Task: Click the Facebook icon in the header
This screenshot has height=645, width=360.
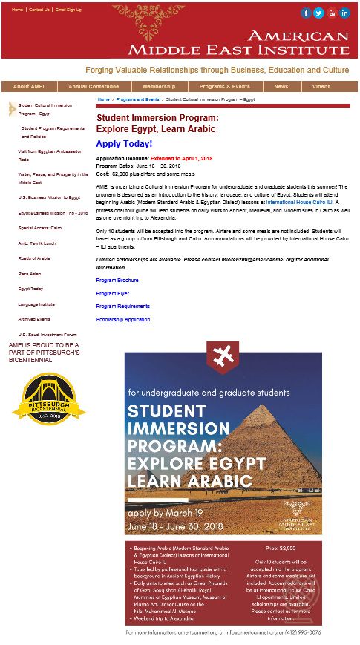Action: pos(306,13)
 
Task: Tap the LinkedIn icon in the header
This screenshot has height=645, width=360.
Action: pos(344,13)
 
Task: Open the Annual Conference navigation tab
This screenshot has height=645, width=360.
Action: pos(88,86)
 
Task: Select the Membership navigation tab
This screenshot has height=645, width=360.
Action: pos(159,86)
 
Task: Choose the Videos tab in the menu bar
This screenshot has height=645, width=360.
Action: pos(321,86)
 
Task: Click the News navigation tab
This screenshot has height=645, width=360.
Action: pos(281,86)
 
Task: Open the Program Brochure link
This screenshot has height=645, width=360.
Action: pos(117,280)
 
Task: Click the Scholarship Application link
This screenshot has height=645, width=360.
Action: pos(122,319)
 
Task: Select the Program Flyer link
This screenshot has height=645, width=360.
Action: pos(112,293)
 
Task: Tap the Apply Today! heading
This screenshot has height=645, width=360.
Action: pos(124,144)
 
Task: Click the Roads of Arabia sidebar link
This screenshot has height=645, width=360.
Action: pos(34,258)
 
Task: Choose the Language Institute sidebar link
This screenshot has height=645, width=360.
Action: pos(36,304)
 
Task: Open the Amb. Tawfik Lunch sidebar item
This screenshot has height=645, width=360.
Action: pos(36,243)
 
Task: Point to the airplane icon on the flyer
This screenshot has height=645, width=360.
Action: pos(223,357)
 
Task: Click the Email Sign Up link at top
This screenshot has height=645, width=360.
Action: pos(68,10)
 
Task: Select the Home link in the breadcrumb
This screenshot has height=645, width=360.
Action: pos(103,99)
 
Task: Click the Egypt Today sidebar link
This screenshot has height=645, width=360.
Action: pos(30,289)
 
